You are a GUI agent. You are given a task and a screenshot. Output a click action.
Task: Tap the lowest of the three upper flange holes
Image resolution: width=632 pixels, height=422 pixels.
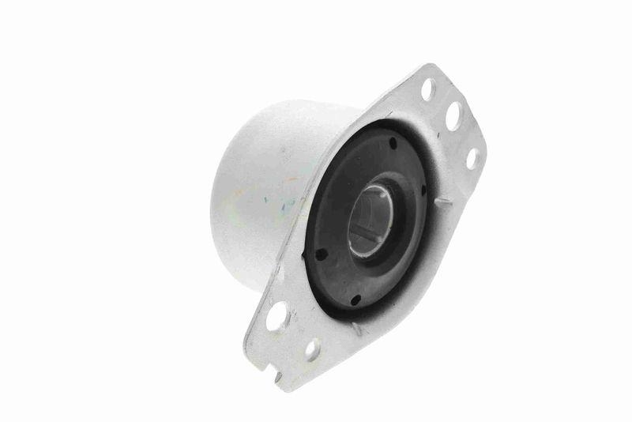click(x=472, y=158)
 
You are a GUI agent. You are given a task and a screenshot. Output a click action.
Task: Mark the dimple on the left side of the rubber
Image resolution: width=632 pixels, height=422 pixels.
click(x=322, y=254)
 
